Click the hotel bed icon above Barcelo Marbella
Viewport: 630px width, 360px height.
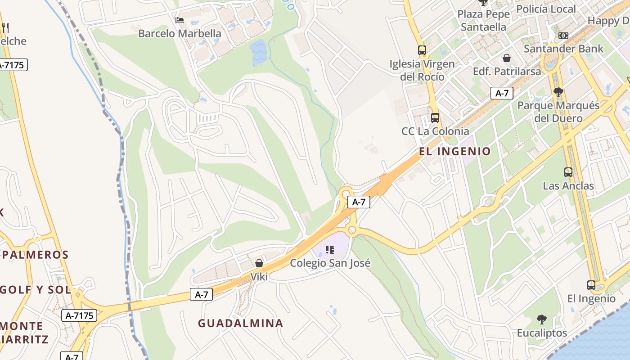(179, 20)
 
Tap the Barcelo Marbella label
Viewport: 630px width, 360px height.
(180, 33)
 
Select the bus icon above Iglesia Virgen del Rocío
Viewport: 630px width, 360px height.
(422, 50)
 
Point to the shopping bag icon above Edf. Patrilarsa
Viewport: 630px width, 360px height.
(507, 58)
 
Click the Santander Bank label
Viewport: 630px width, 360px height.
(563, 49)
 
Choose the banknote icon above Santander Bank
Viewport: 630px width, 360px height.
(563, 36)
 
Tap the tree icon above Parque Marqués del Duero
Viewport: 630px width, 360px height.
(558, 92)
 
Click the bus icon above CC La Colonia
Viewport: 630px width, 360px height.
(435, 118)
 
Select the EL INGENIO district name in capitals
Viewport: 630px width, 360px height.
(454, 151)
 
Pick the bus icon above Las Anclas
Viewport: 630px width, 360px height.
(568, 172)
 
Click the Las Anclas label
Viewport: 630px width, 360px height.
(568, 186)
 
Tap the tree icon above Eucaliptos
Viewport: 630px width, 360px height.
(541, 319)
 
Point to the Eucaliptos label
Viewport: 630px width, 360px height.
(541, 333)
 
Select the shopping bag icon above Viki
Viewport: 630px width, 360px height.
(259, 263)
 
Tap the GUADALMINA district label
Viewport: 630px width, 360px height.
(240, 323)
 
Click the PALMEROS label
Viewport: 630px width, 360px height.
(35, 255)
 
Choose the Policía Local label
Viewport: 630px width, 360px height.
(546, 9)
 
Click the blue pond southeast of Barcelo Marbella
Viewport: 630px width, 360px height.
(258, 52)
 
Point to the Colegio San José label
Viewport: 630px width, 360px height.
(330, 263)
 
